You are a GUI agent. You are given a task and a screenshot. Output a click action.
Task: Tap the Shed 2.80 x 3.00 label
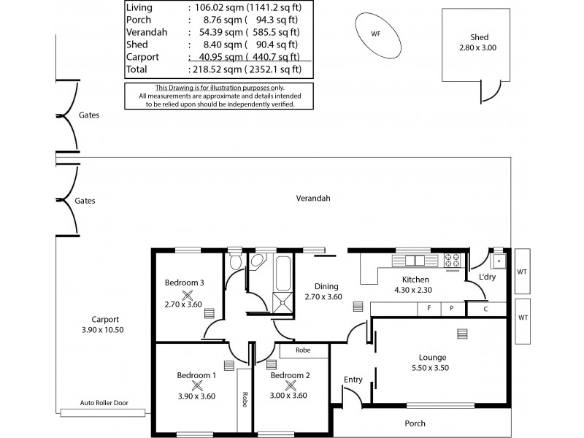coord(479,47)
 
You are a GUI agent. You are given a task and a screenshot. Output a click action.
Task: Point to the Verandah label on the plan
coord(313,198)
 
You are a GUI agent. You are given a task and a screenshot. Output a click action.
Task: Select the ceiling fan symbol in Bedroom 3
coord(188,295)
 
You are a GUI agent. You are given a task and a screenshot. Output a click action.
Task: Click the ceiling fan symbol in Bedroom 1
coord(196,385)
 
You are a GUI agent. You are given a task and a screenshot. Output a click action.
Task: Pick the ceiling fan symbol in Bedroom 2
coord(291,385)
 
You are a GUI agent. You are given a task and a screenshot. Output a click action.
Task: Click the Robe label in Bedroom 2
coord(304,350)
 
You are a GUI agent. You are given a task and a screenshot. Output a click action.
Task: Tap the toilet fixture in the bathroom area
coord(235,261)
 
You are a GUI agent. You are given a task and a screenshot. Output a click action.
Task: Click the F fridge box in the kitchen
coord(429,309)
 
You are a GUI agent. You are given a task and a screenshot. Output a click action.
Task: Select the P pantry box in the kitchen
coord(451,309)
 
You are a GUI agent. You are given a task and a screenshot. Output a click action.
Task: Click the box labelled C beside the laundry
coord(485,309)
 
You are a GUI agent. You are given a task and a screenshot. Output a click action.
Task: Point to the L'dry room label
coord(488,278)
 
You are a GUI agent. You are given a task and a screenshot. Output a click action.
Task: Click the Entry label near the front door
coord(353,379)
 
